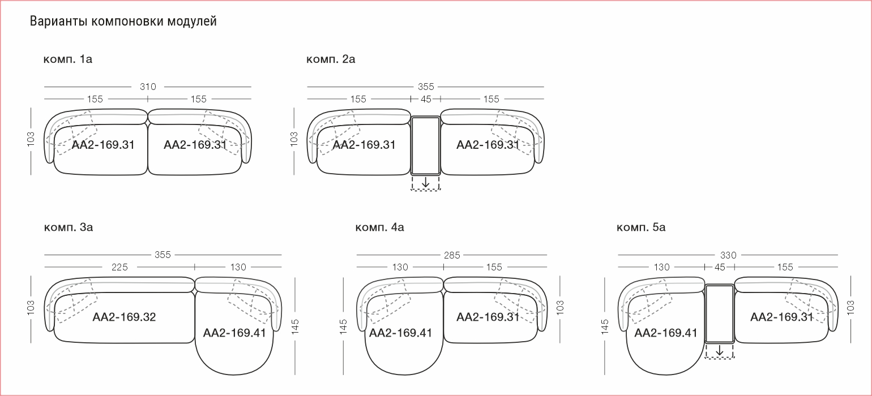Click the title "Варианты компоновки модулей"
point(123,21)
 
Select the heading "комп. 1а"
point(68,59)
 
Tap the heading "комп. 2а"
point(331,59)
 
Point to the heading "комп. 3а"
point(68,227)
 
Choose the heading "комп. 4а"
point(379,227)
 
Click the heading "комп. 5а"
point(641,227)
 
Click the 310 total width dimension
point(148,87)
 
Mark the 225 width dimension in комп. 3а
point(119,267)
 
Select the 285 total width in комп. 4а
point(452,255)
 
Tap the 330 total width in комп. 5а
point(728,255)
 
